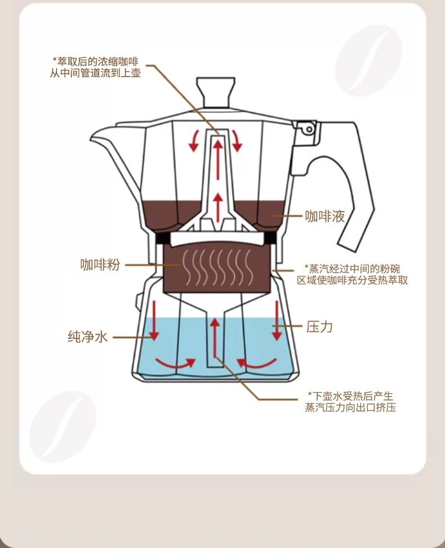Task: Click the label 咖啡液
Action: [x=324, y=216]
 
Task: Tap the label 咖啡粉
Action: [x=100, y=265]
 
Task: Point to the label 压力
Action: [x=319, y=326]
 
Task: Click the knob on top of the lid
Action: [x=215, y=91]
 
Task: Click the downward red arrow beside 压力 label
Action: [x=277, y=320]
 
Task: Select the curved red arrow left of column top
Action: [x=195, y=140]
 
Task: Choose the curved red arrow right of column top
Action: [x=237, y=140]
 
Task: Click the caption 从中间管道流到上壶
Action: [x=96, y=73]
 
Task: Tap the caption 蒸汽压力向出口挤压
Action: [x=350, y=407]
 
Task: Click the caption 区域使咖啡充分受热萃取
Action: [x=353, y=279]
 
